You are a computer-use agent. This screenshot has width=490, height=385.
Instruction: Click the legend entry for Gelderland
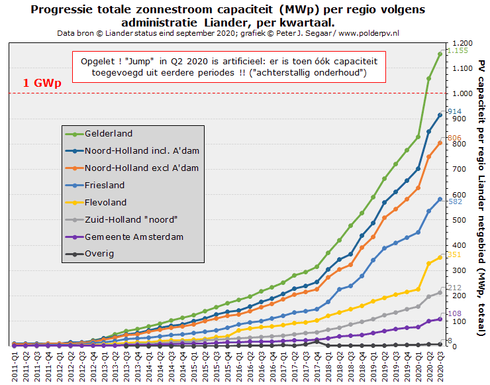tap(99, 134)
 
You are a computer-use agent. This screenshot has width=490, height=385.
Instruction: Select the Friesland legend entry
tap(95, 186)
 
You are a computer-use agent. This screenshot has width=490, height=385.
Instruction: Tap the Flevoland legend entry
tap(95, 203)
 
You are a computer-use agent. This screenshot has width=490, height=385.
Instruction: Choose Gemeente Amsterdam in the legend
tap(124, 237)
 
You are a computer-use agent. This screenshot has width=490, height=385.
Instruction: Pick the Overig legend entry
tap(89, 254)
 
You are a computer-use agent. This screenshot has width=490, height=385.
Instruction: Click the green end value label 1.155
tap(458, 50)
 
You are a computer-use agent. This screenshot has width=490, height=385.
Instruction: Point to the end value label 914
tap(455, 111)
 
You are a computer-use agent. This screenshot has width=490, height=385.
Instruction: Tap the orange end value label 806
tap(454, 138)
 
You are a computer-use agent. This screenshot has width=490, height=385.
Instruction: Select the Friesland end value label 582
tap(455, 201)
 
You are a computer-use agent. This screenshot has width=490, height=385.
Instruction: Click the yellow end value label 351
tap(454, 254)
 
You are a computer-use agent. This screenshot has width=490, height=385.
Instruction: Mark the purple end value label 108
tap(455, 313)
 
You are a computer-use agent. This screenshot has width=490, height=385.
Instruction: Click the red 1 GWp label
tap(42, 83)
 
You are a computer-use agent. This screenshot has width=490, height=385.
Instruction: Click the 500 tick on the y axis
tap(460, 220)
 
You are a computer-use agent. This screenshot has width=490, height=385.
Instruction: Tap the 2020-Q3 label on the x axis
tap(440, 366)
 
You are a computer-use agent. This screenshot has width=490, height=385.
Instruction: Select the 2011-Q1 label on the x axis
tap(15, 366)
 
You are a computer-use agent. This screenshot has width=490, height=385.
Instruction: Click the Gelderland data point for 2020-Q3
tap(440, 54)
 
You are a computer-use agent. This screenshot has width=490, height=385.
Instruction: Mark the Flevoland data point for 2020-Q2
tap(429, 264)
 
